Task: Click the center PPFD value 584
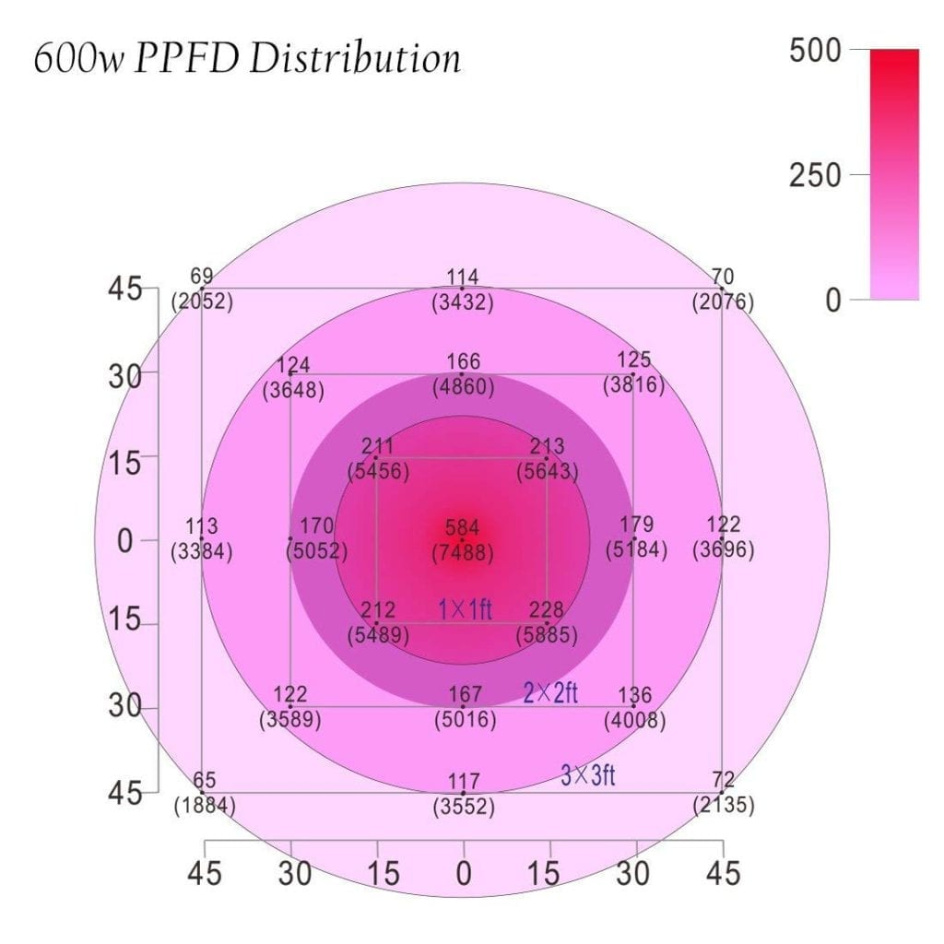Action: click(462, 528)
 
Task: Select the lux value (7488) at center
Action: click(463, 553)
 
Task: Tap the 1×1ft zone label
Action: click(465, 609)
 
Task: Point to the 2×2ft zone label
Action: click(550, 693)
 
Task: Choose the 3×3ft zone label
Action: click(588, 775)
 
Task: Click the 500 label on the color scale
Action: click(815, 51)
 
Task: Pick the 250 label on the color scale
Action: click(815, 175)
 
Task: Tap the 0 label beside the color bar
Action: click(832, 301)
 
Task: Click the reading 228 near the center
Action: click(548, 610)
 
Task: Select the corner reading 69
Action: click(201, 276)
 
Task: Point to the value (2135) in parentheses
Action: click(724, 805)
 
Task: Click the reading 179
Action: click(636, 525)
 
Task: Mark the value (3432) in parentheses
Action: click(463, 301)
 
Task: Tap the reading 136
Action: click(634, 695)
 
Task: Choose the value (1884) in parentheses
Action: click(205, 805)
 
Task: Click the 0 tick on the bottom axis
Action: click(464, 872)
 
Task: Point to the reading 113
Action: click(201, 526)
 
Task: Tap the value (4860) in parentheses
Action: click(463, 387)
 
